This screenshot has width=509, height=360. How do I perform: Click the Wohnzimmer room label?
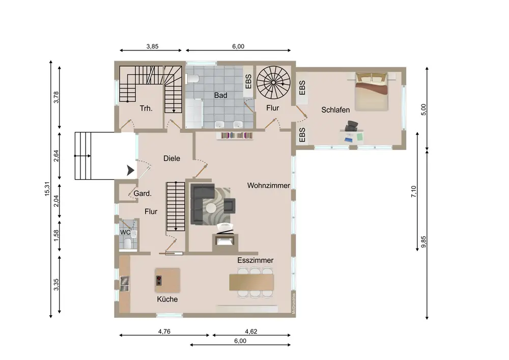pyautogui.click(x=268, y=186)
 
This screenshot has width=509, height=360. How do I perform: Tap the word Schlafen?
pyautogui.click(x=335, y=110)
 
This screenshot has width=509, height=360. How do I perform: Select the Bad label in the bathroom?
pyautogui.click(x=220, y=95)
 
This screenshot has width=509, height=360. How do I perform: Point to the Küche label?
pyautogui.click(x=167, y=299)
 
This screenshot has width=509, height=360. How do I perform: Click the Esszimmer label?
pyautogui.click(x=255, y=260)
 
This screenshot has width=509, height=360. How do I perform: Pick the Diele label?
pyautogui.click(x=172, y=158)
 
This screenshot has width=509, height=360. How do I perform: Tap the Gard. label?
pyautogui.click(x=143, y=194)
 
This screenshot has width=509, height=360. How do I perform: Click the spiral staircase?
pyautogui.click(x=273, y=82)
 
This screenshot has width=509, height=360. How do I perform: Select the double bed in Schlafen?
pyautogui.click(x=372, y=92)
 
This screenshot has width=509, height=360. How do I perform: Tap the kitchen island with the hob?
pyautogui.click(x=167, y=280)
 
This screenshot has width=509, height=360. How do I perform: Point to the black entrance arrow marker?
pyautogui.click(x=130, y=170)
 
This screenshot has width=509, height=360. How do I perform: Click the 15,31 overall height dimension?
pyautogui.click(x=47, y=188)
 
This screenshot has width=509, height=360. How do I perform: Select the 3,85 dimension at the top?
pyautogui.click(x=152, y=46)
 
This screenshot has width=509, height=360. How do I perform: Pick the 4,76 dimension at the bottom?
pyautogui.click(x=164, y=331)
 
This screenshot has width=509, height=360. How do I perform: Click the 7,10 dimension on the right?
pyautogui.click(x=413, y=191)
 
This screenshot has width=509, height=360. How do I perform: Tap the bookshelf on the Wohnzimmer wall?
pyautogui.click(x=235, y=135)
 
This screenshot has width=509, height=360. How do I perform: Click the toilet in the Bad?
pyautogui.click(x=193, y=78)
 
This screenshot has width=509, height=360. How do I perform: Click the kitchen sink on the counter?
pyautogui.click(x=125, y=284)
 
